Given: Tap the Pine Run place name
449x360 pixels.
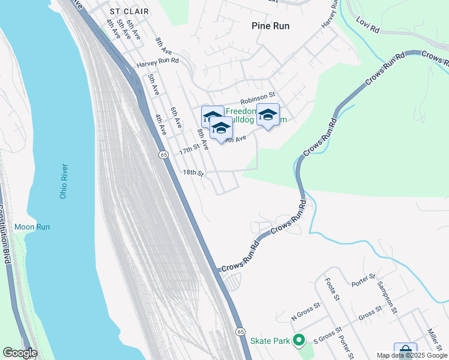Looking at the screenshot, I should pos(270,26).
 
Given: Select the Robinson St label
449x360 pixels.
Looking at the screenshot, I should pos(258,95).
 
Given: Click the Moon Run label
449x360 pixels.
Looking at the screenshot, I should pos(32,227).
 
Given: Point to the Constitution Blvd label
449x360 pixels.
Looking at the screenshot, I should pos(5,234).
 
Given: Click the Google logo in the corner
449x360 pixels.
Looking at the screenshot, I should pos(20,353).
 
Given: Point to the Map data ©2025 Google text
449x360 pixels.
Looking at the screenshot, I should pos(412,355).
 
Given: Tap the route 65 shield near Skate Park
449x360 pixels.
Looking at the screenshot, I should pos(240,331).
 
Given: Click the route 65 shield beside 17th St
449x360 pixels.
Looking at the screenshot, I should pos(163,155).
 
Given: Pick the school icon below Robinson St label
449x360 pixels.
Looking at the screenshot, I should pos(268,115).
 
